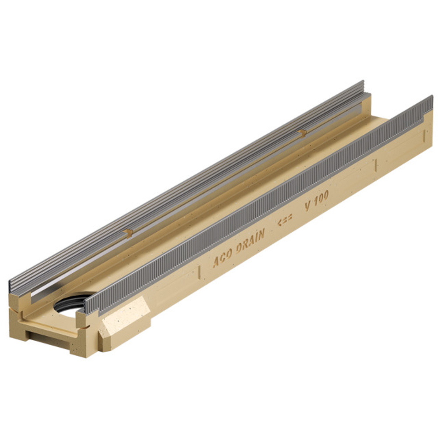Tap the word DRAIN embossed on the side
251,242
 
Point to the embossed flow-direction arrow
285,220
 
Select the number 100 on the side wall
321,198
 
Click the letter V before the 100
308,206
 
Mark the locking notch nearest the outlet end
128,233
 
